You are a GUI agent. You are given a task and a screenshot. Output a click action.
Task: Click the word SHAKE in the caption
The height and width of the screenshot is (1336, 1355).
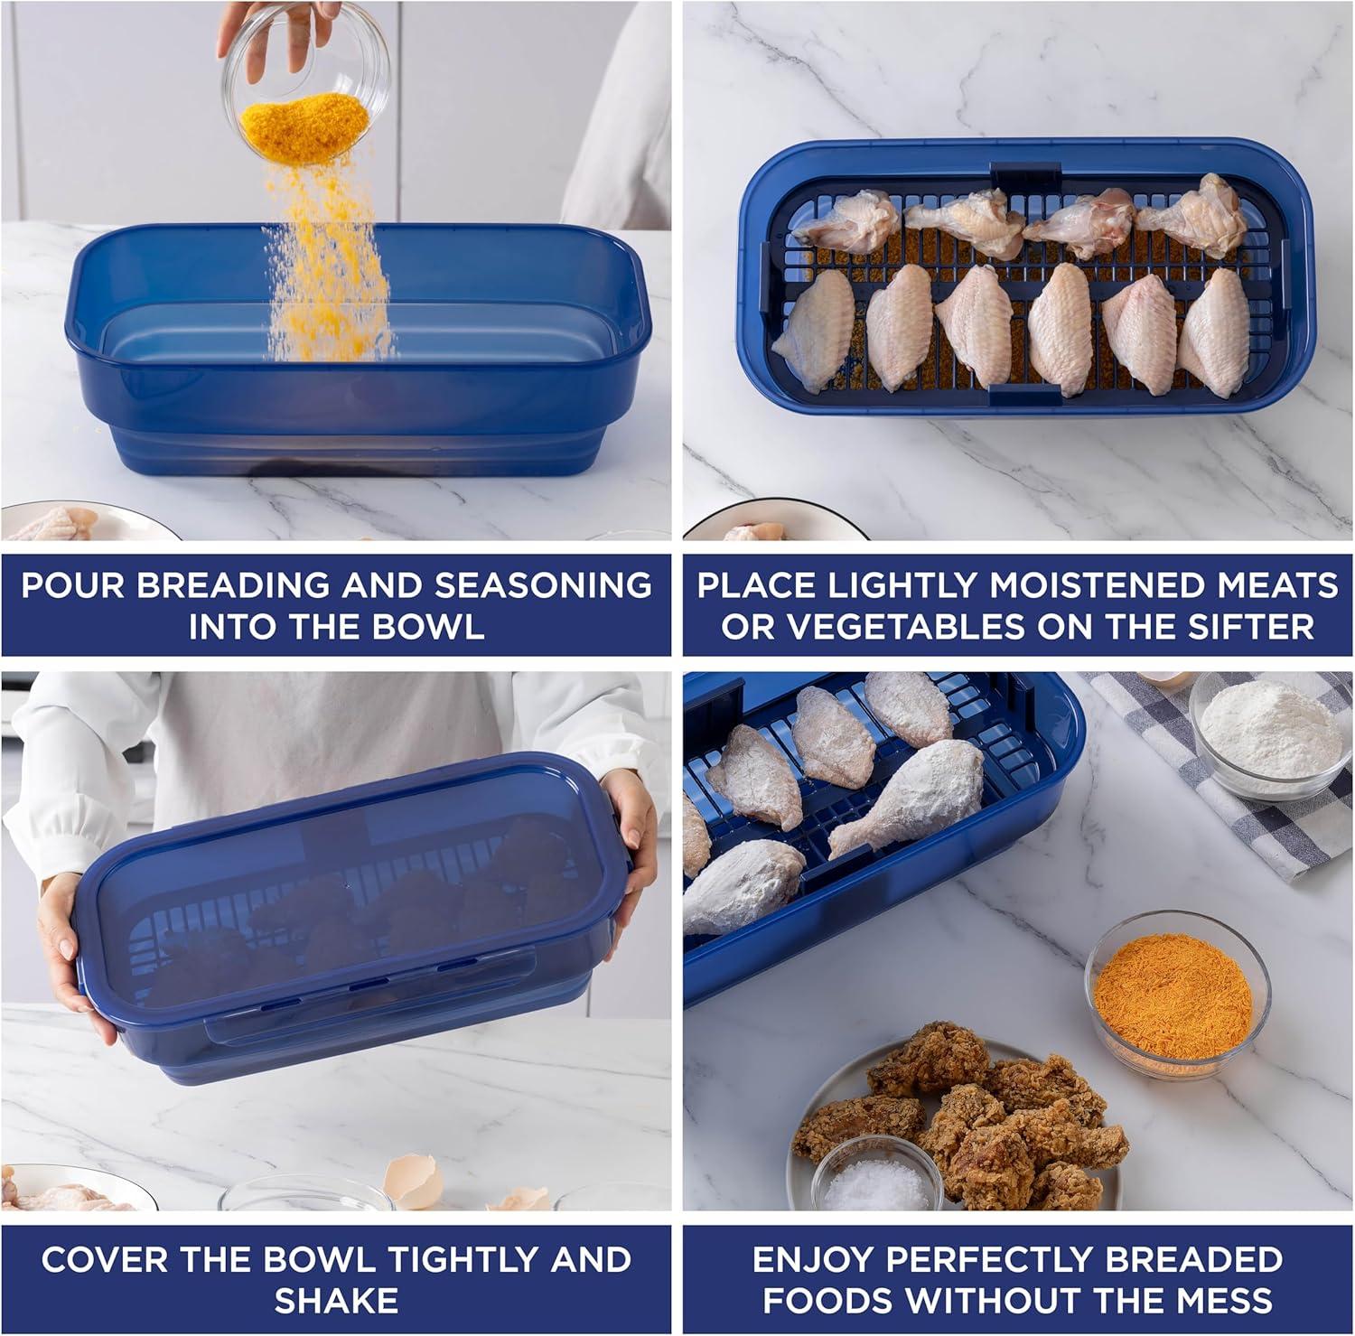pos(336,1301)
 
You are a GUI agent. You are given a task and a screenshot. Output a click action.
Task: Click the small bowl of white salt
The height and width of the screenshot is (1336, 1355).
pos(877,1173)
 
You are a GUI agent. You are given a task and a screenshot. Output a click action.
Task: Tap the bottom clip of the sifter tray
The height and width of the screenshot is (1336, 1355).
pos(1024,395)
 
